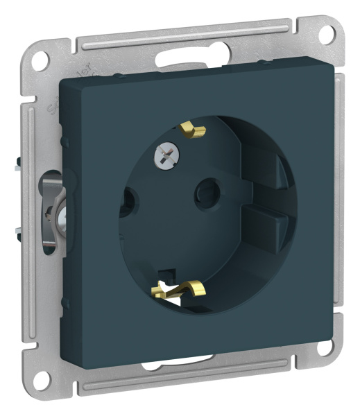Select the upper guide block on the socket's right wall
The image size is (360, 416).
tap(276, 173)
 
